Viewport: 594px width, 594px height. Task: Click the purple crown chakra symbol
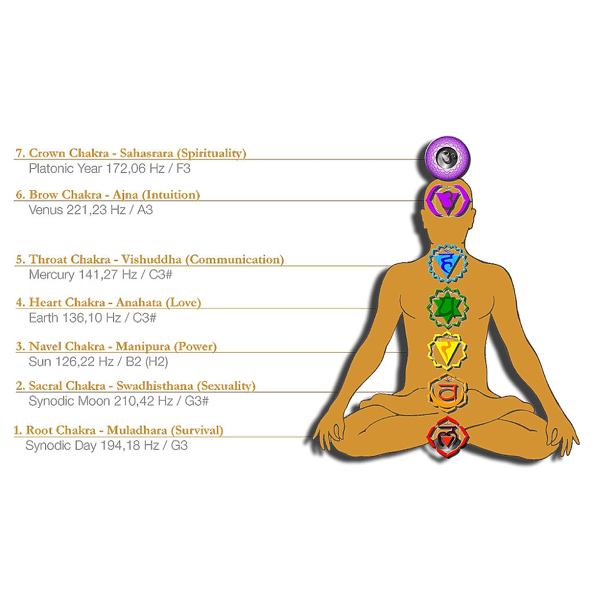(x=447, y=157)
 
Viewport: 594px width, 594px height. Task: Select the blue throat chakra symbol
(x=447, y=264)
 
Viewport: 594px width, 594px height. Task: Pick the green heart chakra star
(x=447, y=307)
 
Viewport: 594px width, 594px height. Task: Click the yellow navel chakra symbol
(x=447, y=351)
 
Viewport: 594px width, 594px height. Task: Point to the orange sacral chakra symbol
(x=447, y=392)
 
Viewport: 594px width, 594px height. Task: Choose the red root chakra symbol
(x=447, y=437)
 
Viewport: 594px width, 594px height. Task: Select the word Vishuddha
(x=151, y=259)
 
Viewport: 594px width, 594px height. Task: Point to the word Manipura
(x=143, y=347)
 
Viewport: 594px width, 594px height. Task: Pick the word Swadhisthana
(x=155, y=386)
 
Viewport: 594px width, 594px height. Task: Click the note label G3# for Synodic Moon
(x=197, y=401)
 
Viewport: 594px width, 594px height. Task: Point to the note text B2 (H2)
(x=147, y=362)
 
